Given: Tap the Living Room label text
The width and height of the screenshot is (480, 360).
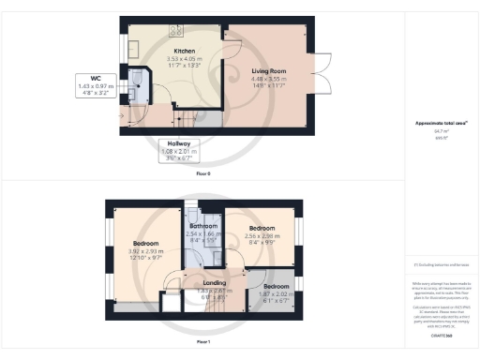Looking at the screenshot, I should tap(270, 70).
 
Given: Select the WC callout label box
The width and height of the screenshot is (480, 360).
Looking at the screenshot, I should tap(97, 85).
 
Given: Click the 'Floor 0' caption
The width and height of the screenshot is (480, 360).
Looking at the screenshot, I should tap(203, 174).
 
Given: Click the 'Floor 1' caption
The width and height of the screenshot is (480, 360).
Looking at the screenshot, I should tap(203, 342).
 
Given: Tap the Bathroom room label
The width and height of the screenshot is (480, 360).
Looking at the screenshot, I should tap(203, 227).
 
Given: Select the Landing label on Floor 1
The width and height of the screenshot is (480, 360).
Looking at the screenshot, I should tap(216, 282).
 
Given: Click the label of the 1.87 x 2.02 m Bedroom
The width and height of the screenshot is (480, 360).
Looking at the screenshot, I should tap(276, 286).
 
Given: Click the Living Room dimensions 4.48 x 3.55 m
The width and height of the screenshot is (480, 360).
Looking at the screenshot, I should tap(270, 78).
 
